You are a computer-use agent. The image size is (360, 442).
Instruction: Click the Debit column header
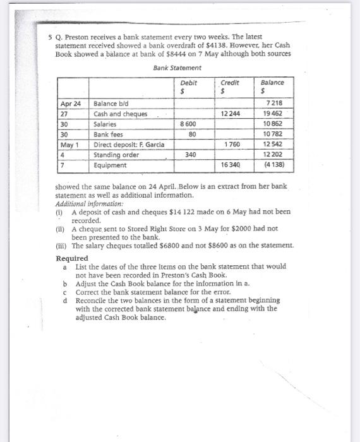(x=188, y=83)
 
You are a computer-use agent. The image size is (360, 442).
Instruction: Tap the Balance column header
(x=272, y=83)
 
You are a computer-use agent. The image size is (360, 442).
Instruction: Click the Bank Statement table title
(x=177, y=68)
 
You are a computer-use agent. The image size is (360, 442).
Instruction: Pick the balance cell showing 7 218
(x=275, y=104)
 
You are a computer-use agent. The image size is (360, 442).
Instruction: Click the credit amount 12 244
(x=231, y=114)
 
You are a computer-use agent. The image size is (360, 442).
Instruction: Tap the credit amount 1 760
(x=232, y=145)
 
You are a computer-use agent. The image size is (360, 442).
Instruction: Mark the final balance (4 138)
(x=272, y=165)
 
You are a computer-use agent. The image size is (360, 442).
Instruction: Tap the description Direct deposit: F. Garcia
(x=129, y=145)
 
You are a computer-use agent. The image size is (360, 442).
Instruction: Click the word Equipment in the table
(x=110, y=165)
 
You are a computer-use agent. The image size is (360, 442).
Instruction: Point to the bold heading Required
(x=72, y=258)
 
